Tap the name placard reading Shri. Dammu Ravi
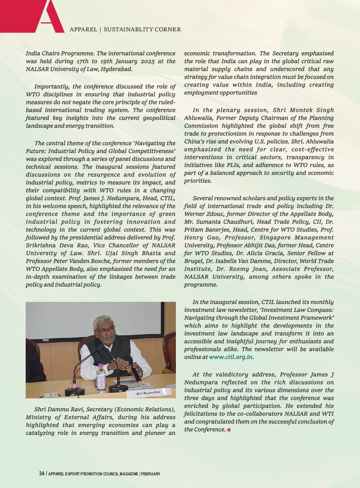click(x=148, y=392)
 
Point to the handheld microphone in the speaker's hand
click(x=134, y=369)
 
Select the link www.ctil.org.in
click(x=231, y=357)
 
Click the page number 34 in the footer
click(x=42, y=474)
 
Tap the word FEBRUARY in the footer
click(x=151, y=474)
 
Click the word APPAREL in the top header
click(x=83, y=30)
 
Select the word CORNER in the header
click(x=168, y=30)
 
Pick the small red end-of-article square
click(x=229, y=430)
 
